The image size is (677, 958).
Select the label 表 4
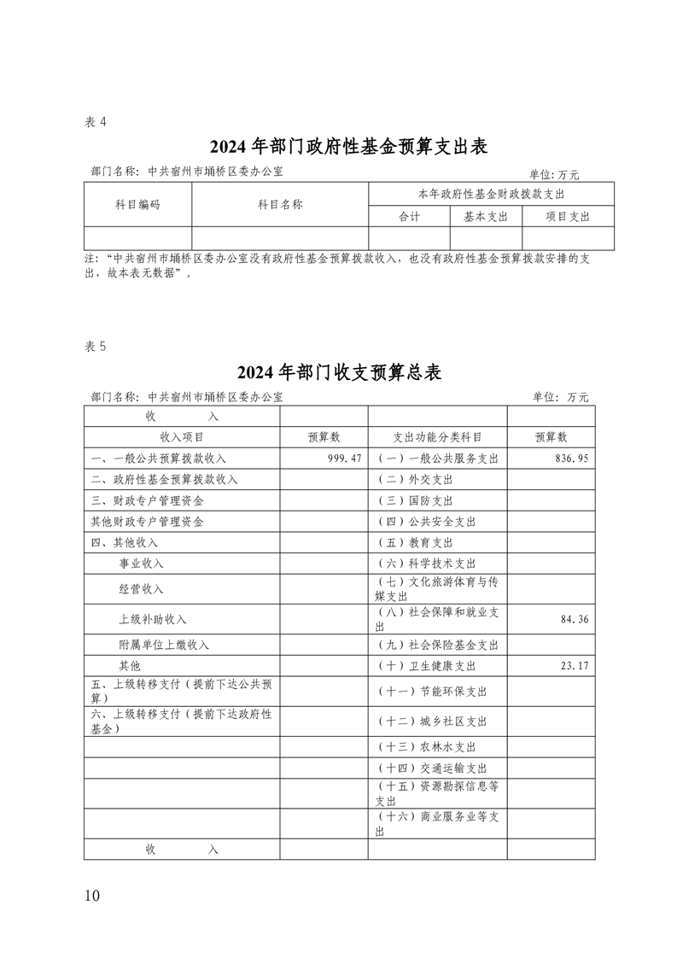point(96,122)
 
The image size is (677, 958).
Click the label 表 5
point(96,346)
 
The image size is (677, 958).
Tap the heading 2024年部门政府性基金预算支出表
point(337,147)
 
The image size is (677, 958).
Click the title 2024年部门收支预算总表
point(337,372)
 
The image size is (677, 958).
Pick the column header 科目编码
point(137,205)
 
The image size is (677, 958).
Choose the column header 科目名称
point(280,205)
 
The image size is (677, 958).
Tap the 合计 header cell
point(409,217)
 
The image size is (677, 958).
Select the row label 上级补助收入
point(153,619)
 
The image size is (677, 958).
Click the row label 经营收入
point(142,589)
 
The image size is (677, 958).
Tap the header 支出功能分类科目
point(437,437)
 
